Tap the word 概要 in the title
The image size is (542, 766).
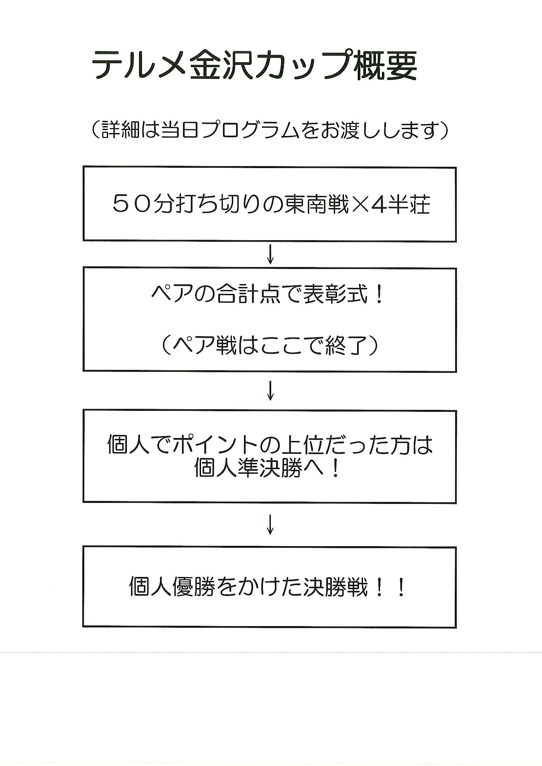pos(385,66)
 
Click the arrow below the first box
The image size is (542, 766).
pos(271,255)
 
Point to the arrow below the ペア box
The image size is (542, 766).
pos(271,391)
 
